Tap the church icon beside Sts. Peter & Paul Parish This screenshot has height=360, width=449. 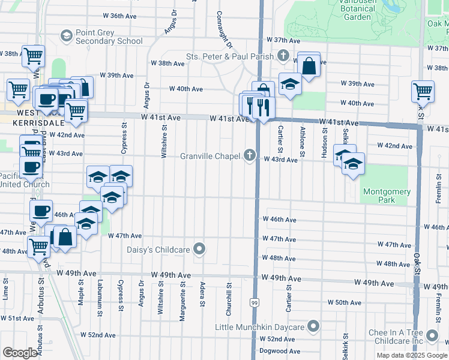coord(284,56)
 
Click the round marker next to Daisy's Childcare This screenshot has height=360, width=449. coord(200,249)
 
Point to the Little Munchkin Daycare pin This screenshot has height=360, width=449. coord(313,327)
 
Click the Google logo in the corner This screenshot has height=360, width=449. coord(20,353)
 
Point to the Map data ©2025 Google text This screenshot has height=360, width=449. coord(411,355)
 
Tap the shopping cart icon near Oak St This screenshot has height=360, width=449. coord(423,92)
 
